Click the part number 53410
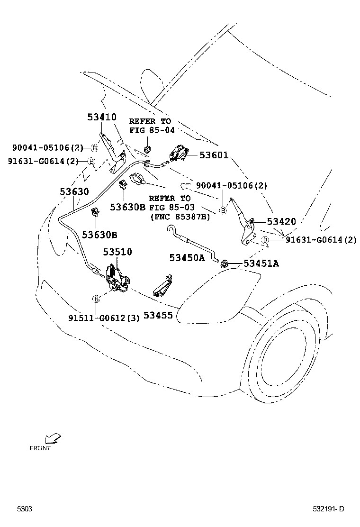coord(102,117)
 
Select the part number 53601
coord(214,155)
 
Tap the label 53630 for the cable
coord(74,191)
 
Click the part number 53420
coord(281,221)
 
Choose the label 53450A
coord(187,257)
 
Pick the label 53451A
coord(261,263)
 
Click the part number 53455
coord(158,314)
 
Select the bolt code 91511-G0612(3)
coord(104,318)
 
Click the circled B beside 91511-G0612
coord(96,299)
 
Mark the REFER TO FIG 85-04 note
coord(150,126)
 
